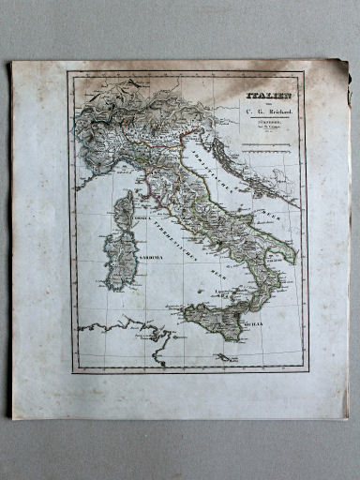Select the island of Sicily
(217, 322)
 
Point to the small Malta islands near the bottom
(225, 357)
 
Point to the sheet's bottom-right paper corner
(347, 416)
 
